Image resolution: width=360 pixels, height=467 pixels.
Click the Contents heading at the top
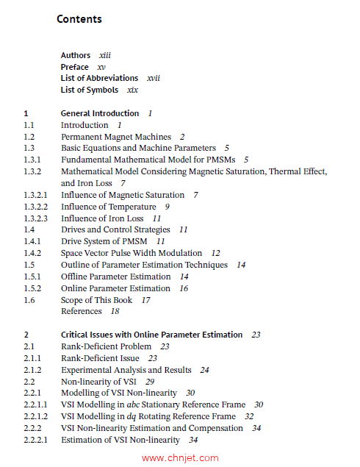[x=79, y=19]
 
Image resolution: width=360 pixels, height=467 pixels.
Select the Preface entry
[x=74, y=67]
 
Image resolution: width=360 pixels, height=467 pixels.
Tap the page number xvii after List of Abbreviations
[x=154, y=78]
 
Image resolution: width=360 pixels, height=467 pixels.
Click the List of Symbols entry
[x=89, y=90]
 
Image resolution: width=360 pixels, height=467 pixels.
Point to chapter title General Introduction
[x=100, y=113]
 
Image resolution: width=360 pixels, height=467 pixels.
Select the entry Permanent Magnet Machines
[x=116, y=137]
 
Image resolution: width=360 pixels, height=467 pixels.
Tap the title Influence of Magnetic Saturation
[x=123, y=195]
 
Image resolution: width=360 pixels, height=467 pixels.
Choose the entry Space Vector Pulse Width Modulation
[x=132, y=253]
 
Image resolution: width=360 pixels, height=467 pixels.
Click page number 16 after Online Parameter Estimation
[x=184, y=288]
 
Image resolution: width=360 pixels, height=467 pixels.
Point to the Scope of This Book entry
[x=96, y=300]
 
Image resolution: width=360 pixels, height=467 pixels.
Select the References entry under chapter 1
[x=81, y=311]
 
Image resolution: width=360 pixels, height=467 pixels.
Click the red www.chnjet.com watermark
[x=180, y=457]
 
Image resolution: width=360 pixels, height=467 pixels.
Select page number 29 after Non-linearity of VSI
[x=150, y=382]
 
